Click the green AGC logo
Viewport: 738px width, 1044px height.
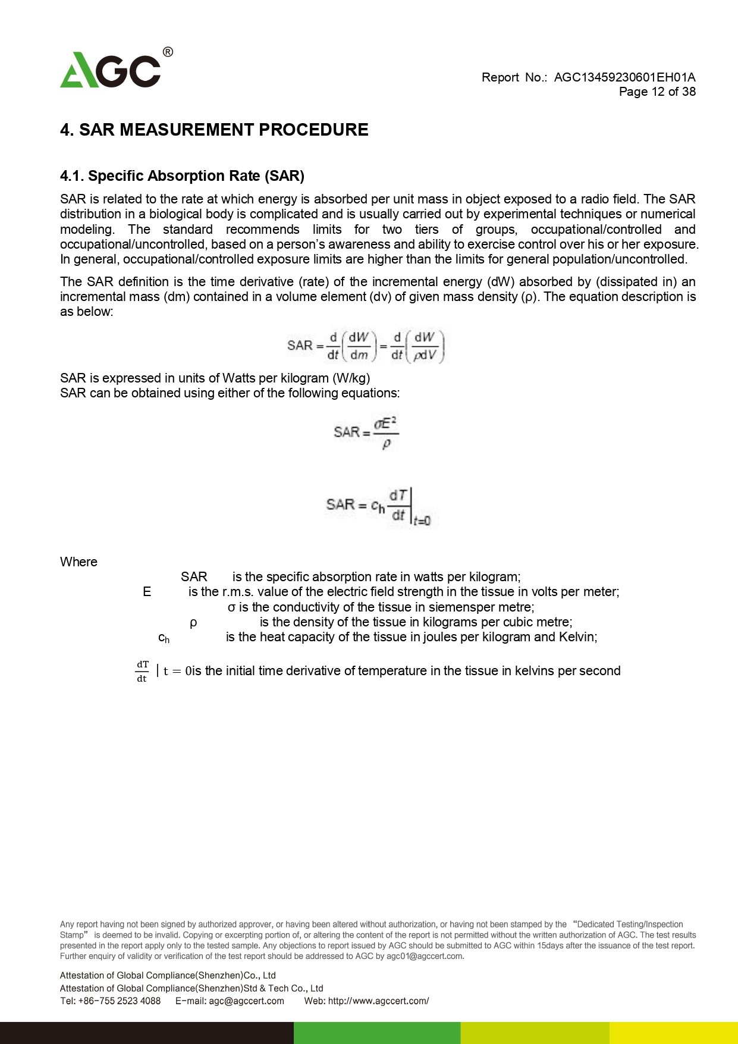point(111,70)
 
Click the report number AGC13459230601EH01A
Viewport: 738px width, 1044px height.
point(624,77)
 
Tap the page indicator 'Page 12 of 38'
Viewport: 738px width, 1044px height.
point(657,92)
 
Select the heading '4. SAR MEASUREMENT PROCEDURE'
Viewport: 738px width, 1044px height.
point(214,130)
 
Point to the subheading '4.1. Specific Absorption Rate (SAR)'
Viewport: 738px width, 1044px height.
point(182,176)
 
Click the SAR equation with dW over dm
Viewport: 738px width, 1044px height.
point(366,346)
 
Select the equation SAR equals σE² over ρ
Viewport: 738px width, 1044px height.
point(366,432)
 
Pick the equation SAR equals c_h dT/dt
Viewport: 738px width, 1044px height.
point(378,506)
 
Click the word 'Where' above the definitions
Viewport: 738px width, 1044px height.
point(78,562)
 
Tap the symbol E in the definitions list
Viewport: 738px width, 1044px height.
point(147,592)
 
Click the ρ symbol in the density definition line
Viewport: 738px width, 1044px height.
point(193,622)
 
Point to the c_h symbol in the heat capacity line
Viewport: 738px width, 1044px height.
point(164,638)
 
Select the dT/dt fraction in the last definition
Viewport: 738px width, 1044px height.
point(142,671)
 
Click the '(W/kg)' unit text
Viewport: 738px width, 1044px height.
point(351,378)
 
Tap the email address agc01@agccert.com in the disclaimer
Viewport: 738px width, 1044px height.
point(424,957)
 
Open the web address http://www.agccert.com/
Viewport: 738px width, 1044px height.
point(378,1001)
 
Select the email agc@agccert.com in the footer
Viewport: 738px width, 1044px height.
point(246,1001)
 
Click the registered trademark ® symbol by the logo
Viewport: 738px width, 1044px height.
point(168,52)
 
